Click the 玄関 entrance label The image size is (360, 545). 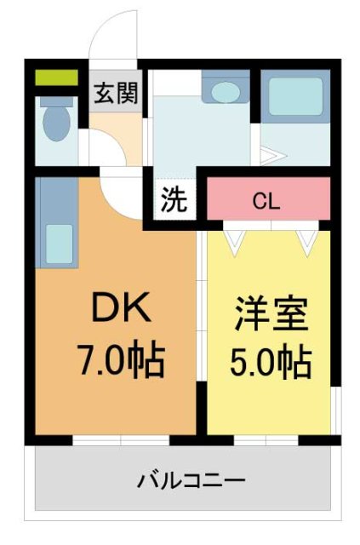tap(116, 92)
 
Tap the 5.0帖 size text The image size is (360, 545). tap(271, 364)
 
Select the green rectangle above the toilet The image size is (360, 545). tap(56, 79)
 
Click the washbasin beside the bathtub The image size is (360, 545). tap(226, 91)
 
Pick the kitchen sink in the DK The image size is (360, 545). tap(59, 243)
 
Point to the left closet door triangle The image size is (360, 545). tap(234, 240)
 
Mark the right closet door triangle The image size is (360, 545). tap(306, 240)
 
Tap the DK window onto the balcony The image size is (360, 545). tap(121, 440)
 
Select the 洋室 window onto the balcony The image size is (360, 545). tap(266, 440)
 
